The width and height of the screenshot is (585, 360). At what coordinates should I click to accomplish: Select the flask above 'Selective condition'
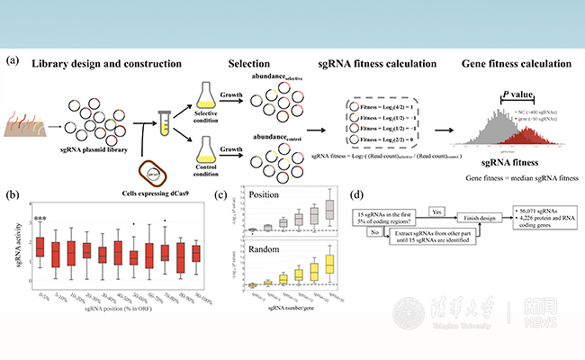209,94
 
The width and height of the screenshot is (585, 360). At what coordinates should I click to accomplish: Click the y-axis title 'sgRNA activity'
15,244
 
